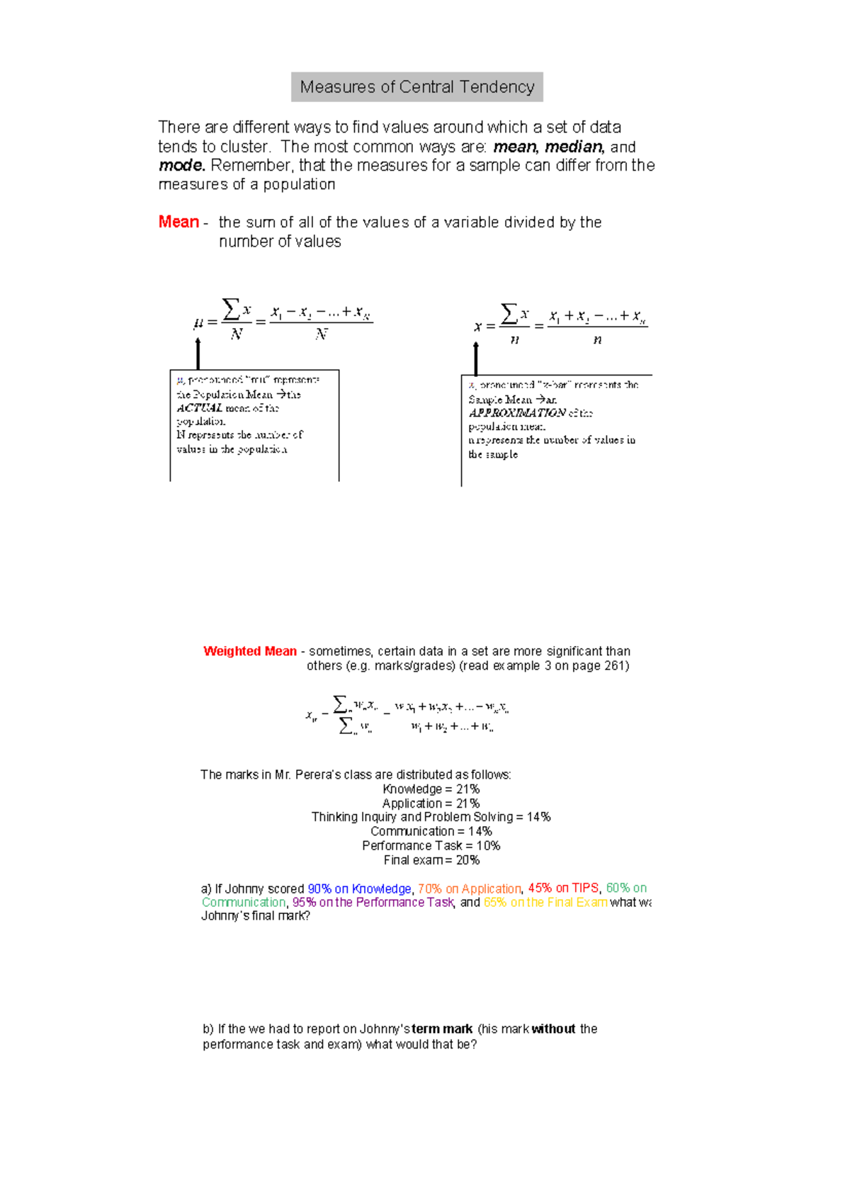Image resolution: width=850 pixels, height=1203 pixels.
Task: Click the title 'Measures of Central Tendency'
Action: coord(416,87)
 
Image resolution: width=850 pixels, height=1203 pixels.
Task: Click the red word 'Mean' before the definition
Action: coord(178,222)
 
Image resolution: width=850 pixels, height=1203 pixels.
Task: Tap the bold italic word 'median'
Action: coord(573,147)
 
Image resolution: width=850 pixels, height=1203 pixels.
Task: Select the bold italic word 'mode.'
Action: coord(181,166)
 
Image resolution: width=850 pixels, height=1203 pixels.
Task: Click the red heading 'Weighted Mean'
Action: coord(249,651)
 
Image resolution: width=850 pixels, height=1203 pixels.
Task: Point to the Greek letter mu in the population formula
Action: coord(198,323)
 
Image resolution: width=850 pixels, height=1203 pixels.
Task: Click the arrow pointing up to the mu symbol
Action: coord(198,352)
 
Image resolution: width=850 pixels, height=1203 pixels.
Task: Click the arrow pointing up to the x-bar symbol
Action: coord(476,358)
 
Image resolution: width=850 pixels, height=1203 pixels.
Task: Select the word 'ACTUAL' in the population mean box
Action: coord(199,408)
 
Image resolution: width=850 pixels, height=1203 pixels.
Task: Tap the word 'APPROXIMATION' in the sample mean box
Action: coord(517,413)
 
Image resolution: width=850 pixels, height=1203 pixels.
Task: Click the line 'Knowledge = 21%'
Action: coord(431,789)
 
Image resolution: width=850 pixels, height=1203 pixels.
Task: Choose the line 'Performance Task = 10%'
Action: coord(431,846)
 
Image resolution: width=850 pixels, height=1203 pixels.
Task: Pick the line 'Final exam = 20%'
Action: coord(431,860)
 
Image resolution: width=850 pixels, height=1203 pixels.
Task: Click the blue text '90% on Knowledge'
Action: coord(359,888)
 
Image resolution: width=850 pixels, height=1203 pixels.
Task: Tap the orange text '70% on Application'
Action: coord(469,888)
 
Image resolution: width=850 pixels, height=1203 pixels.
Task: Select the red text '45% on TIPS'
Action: coord(563,888)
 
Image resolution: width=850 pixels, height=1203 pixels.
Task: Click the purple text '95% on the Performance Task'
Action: coord(373,902)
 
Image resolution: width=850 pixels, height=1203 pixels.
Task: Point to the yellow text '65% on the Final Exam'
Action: coord(545,902)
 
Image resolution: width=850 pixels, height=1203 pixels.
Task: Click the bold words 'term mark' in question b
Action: coord(442,1029)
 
